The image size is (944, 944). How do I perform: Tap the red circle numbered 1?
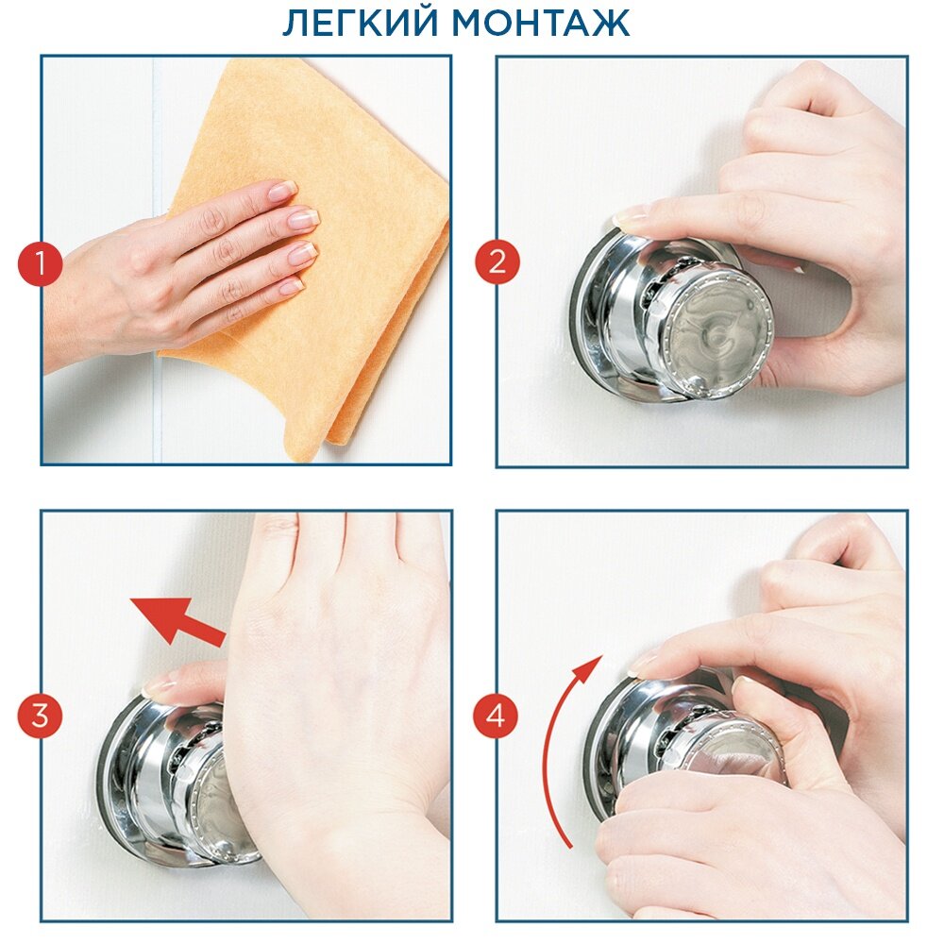tap(41, 263)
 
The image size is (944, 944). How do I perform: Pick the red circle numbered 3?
tap(41, 716)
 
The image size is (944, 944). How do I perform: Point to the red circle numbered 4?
tap(495, 716)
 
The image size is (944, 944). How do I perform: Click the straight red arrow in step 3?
tap(177, 622)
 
